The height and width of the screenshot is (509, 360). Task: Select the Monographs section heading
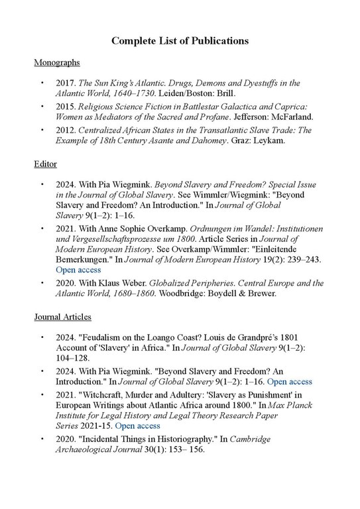[x=57, y=62]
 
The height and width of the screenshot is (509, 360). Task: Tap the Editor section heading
[x=46, y=163]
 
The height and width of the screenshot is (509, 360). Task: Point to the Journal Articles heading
[x=63, y=317]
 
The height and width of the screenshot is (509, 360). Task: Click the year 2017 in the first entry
[x=66, y=84]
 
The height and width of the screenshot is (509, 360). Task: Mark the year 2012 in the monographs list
[x=66, y=131]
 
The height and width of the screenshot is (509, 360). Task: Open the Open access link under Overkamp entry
[x=78, y=270]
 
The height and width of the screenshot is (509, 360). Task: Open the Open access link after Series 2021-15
[x=137, y=425]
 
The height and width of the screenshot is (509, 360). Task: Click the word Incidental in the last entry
[x=107, y=439]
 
